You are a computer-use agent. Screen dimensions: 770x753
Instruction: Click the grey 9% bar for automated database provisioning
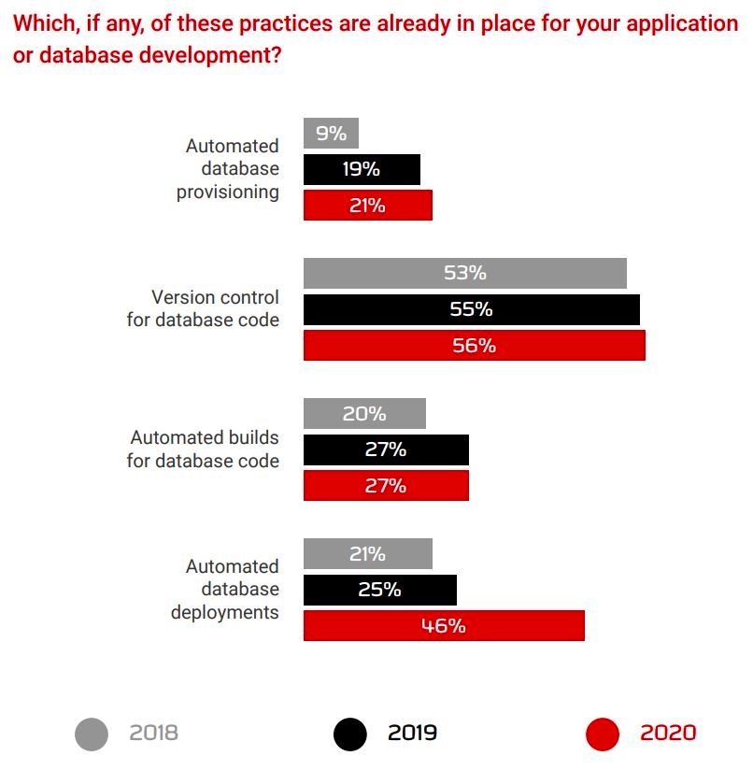click(x=331, y=134)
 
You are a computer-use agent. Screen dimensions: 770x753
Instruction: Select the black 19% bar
click(x=362, y=169)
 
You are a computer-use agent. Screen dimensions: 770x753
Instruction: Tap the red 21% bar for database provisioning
click(x=367, y=205)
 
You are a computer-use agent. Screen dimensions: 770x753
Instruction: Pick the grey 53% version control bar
click(x=464, y=273)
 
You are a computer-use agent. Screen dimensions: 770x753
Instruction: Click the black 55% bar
click(x=471, y=309)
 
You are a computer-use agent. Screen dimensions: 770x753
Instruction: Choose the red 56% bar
click(x=474, y=345)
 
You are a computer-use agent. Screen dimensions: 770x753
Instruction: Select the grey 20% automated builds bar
click(x=364, y=413)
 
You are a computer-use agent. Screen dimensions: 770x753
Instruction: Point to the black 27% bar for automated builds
click(x=386, y=449)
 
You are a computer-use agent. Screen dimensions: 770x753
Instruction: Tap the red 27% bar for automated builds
click(x=386, y=485)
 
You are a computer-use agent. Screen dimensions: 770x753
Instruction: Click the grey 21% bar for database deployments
click(x=367, y=553)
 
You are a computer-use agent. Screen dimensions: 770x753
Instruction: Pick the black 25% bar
click(x=379, y=590)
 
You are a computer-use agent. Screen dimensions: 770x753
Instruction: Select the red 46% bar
click(x=444, y=625)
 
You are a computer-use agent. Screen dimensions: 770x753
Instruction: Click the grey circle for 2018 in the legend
click(x=92, y=734)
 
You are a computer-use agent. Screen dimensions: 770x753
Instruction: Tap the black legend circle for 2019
click(x=350, y=734)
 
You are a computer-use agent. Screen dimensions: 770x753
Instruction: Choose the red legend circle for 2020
click(x=603, y=734)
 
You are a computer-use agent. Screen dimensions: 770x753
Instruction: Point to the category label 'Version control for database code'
click(x=203, y=308)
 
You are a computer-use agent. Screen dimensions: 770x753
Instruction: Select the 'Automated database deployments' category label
click(x=224, y=589)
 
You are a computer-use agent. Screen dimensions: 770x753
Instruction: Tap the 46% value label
click(x=443, y=625)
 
